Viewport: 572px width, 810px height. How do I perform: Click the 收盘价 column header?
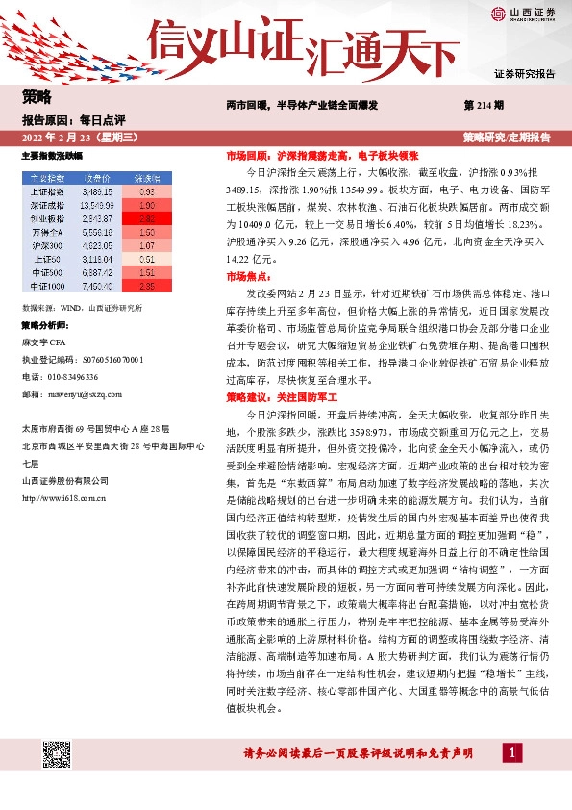click(x=98, y=178)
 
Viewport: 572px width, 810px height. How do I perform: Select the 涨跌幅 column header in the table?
click(x=146, y=178)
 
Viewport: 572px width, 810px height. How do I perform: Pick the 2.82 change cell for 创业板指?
click(x=146, y=218)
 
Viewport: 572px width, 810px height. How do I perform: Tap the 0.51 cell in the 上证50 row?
click(x=146, y=259)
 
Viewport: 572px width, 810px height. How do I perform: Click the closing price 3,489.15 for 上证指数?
click(x=98, y=191)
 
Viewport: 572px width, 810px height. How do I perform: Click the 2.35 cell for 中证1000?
click(x=146, y=286)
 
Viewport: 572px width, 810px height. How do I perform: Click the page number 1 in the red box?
click(x=515, y=752)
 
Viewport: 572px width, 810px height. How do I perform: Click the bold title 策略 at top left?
click(x=36, y=96)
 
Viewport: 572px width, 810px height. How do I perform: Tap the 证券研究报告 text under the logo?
click(x=524, y=73)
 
